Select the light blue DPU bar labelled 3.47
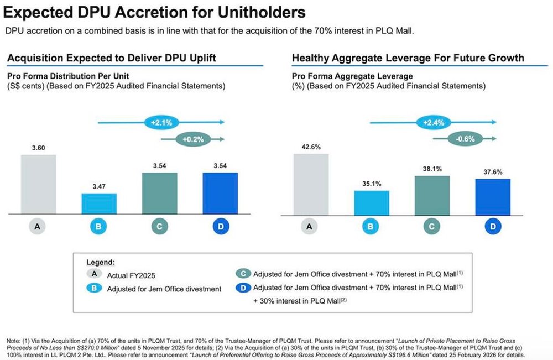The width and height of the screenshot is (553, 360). click(99, 202)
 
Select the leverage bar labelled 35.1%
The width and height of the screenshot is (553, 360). click(372, 202)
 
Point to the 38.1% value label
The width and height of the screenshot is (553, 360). click(432, 169)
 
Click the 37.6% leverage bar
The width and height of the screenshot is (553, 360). click(493, 196)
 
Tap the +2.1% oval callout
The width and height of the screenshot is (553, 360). click(160, 122)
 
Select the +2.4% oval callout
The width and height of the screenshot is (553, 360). click(432, 122)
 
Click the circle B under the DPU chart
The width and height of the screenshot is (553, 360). click(99, 227)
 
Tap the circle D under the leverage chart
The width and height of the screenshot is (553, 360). click(493, 227)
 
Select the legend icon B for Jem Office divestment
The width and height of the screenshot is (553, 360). click(94, 288)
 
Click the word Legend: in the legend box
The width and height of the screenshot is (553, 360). click(101, 262)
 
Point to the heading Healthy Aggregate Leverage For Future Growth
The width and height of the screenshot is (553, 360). click(408, 58)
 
